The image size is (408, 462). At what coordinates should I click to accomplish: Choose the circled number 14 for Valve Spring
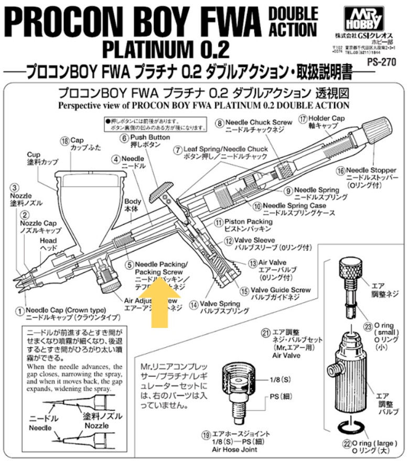tap(194, 303)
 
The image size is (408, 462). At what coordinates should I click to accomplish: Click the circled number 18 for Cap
tap(64, 140)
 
